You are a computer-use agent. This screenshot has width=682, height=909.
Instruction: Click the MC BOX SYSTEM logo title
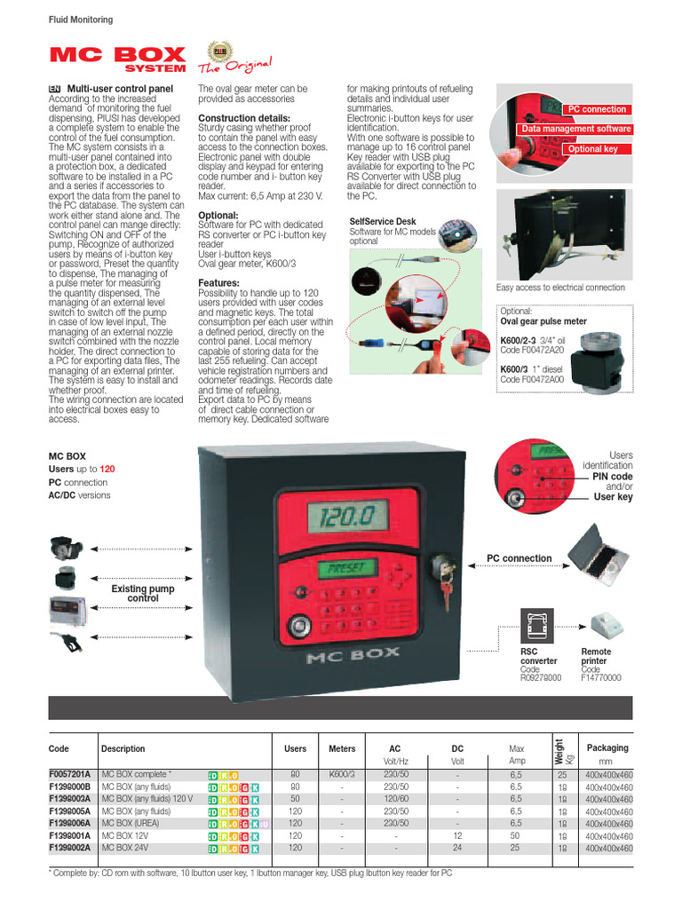[x=117, y=59]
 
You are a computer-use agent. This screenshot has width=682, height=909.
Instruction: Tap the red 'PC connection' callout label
[x=597, y=109]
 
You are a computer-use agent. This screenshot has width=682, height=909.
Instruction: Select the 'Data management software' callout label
[x=576, y=129]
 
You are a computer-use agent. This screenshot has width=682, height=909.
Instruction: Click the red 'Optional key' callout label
[x=592, y=149]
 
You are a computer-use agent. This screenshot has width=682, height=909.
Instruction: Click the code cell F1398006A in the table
[x=72, y=824]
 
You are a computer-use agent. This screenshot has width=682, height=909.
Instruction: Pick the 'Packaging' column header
[x=607, y=748]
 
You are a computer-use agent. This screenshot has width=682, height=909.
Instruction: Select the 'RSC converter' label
[x=538, y=656]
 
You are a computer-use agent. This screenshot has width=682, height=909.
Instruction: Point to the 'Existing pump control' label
[x=142, y=594]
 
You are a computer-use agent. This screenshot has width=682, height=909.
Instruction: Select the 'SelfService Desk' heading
[x=382, y=222]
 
